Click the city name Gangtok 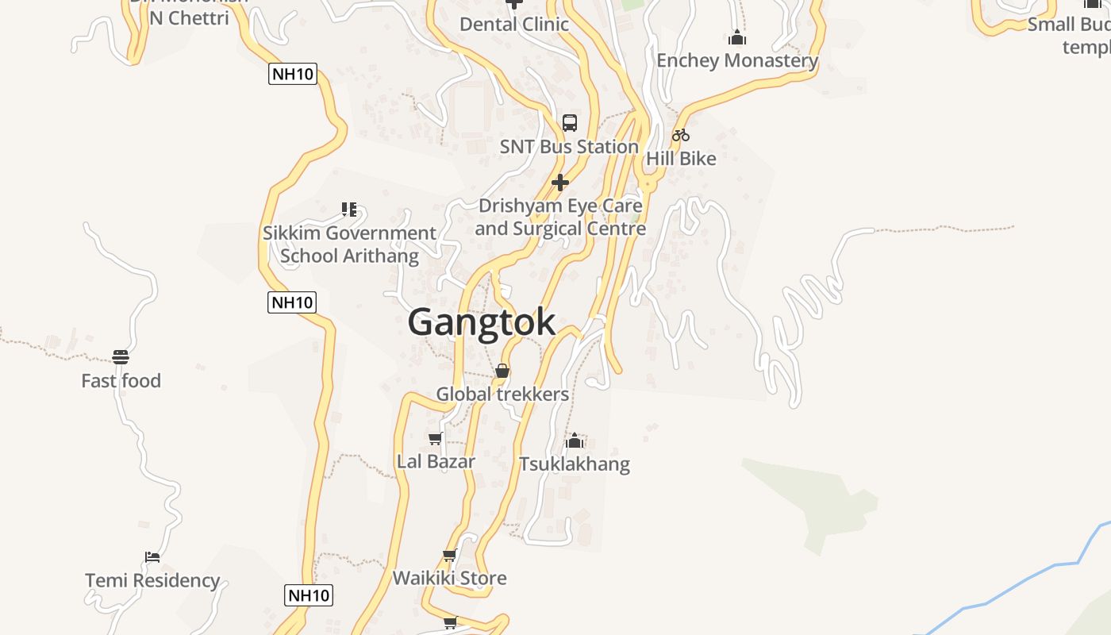(482, 322)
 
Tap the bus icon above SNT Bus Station (570, 123)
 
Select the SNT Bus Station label (569, 147)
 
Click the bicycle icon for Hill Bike (680, 135)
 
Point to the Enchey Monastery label (737, 60)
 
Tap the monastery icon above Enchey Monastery (737, 37)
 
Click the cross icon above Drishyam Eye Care (560, 183)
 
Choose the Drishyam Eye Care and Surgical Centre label (560, 217)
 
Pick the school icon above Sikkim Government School (349, 210)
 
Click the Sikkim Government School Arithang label (349, 244)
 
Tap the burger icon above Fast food (121, 357)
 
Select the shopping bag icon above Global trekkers (502, 371)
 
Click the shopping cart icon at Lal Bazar (435, 439)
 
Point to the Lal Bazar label (436, 461)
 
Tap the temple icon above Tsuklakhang (575, 441)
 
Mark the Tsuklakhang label (575, 464)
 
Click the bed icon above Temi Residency (152, 557)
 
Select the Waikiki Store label (450, 578)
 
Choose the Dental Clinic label (514, 24)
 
